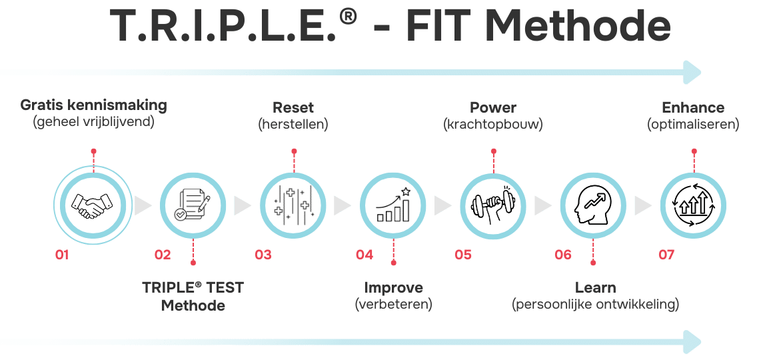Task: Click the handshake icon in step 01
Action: [93, 205]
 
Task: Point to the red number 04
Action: [364, 255]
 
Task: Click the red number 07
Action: [666, 255]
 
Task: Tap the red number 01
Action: [63, 255]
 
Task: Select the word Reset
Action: [293, 107]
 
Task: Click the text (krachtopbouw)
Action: [492, 125]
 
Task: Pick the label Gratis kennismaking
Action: [93, 105]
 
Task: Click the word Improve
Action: [393, 288]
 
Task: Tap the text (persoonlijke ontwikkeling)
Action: [595, 305]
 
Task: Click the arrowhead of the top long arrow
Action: [693, 71]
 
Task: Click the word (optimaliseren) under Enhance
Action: [693, 125]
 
